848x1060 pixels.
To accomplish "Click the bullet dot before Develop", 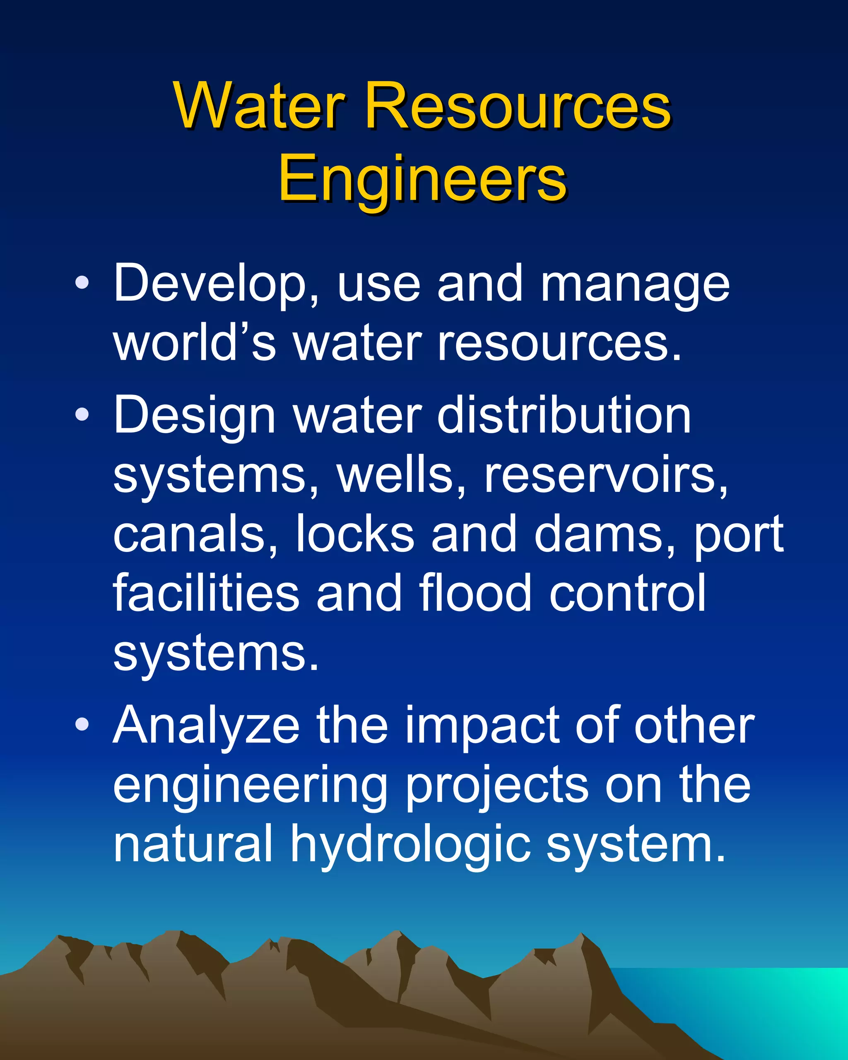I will (82, 283).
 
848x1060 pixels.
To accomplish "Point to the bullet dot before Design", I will (82, 414).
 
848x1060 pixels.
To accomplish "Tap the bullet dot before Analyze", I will (82, 724).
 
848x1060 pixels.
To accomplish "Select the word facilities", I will (206, 593).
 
